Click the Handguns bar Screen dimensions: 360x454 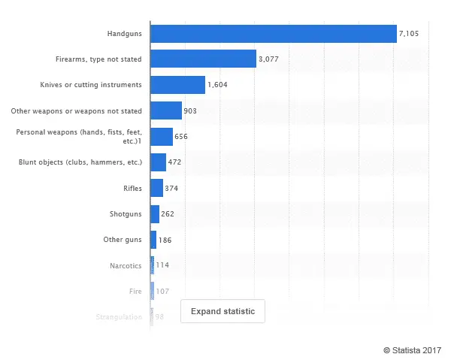click(x=274, y=34)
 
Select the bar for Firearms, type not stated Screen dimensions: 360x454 click(x=203, y=59)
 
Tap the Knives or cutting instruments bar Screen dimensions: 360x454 click(x=177, y=85)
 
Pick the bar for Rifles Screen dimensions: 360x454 click(x=156, y=188)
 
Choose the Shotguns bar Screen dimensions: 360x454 click(x=155, y=214)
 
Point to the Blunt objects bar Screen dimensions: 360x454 click(x=158, y=162)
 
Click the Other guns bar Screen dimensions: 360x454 click(x=153, y=240)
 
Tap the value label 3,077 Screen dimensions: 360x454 click(x=270, y=59)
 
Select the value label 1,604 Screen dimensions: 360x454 click(x=219, y=85)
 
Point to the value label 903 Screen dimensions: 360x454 click(x=190, y=111)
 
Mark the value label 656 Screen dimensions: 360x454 click(x=182, y=137)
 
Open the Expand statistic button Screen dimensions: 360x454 click(x=222, y=311)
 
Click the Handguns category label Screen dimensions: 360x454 click(x=124, y=34)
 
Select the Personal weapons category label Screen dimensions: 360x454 click(x=79, y=136)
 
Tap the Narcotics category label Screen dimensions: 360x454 click(x=126, y=265)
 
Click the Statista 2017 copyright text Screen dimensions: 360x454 click(x=412, y=349)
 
